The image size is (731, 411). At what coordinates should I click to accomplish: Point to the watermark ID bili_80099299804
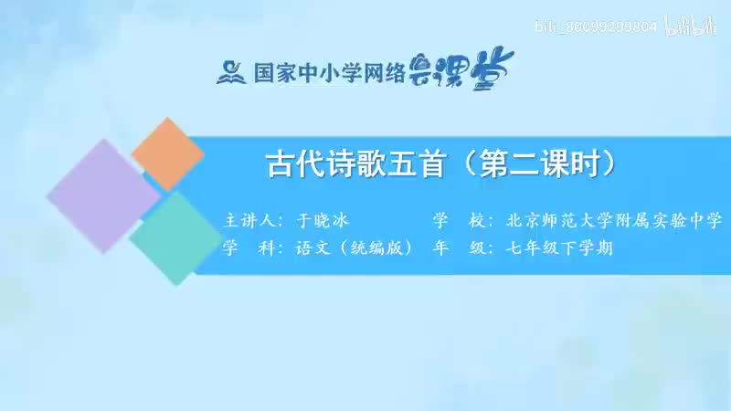599,27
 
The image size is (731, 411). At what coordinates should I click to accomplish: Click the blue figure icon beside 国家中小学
231,70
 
